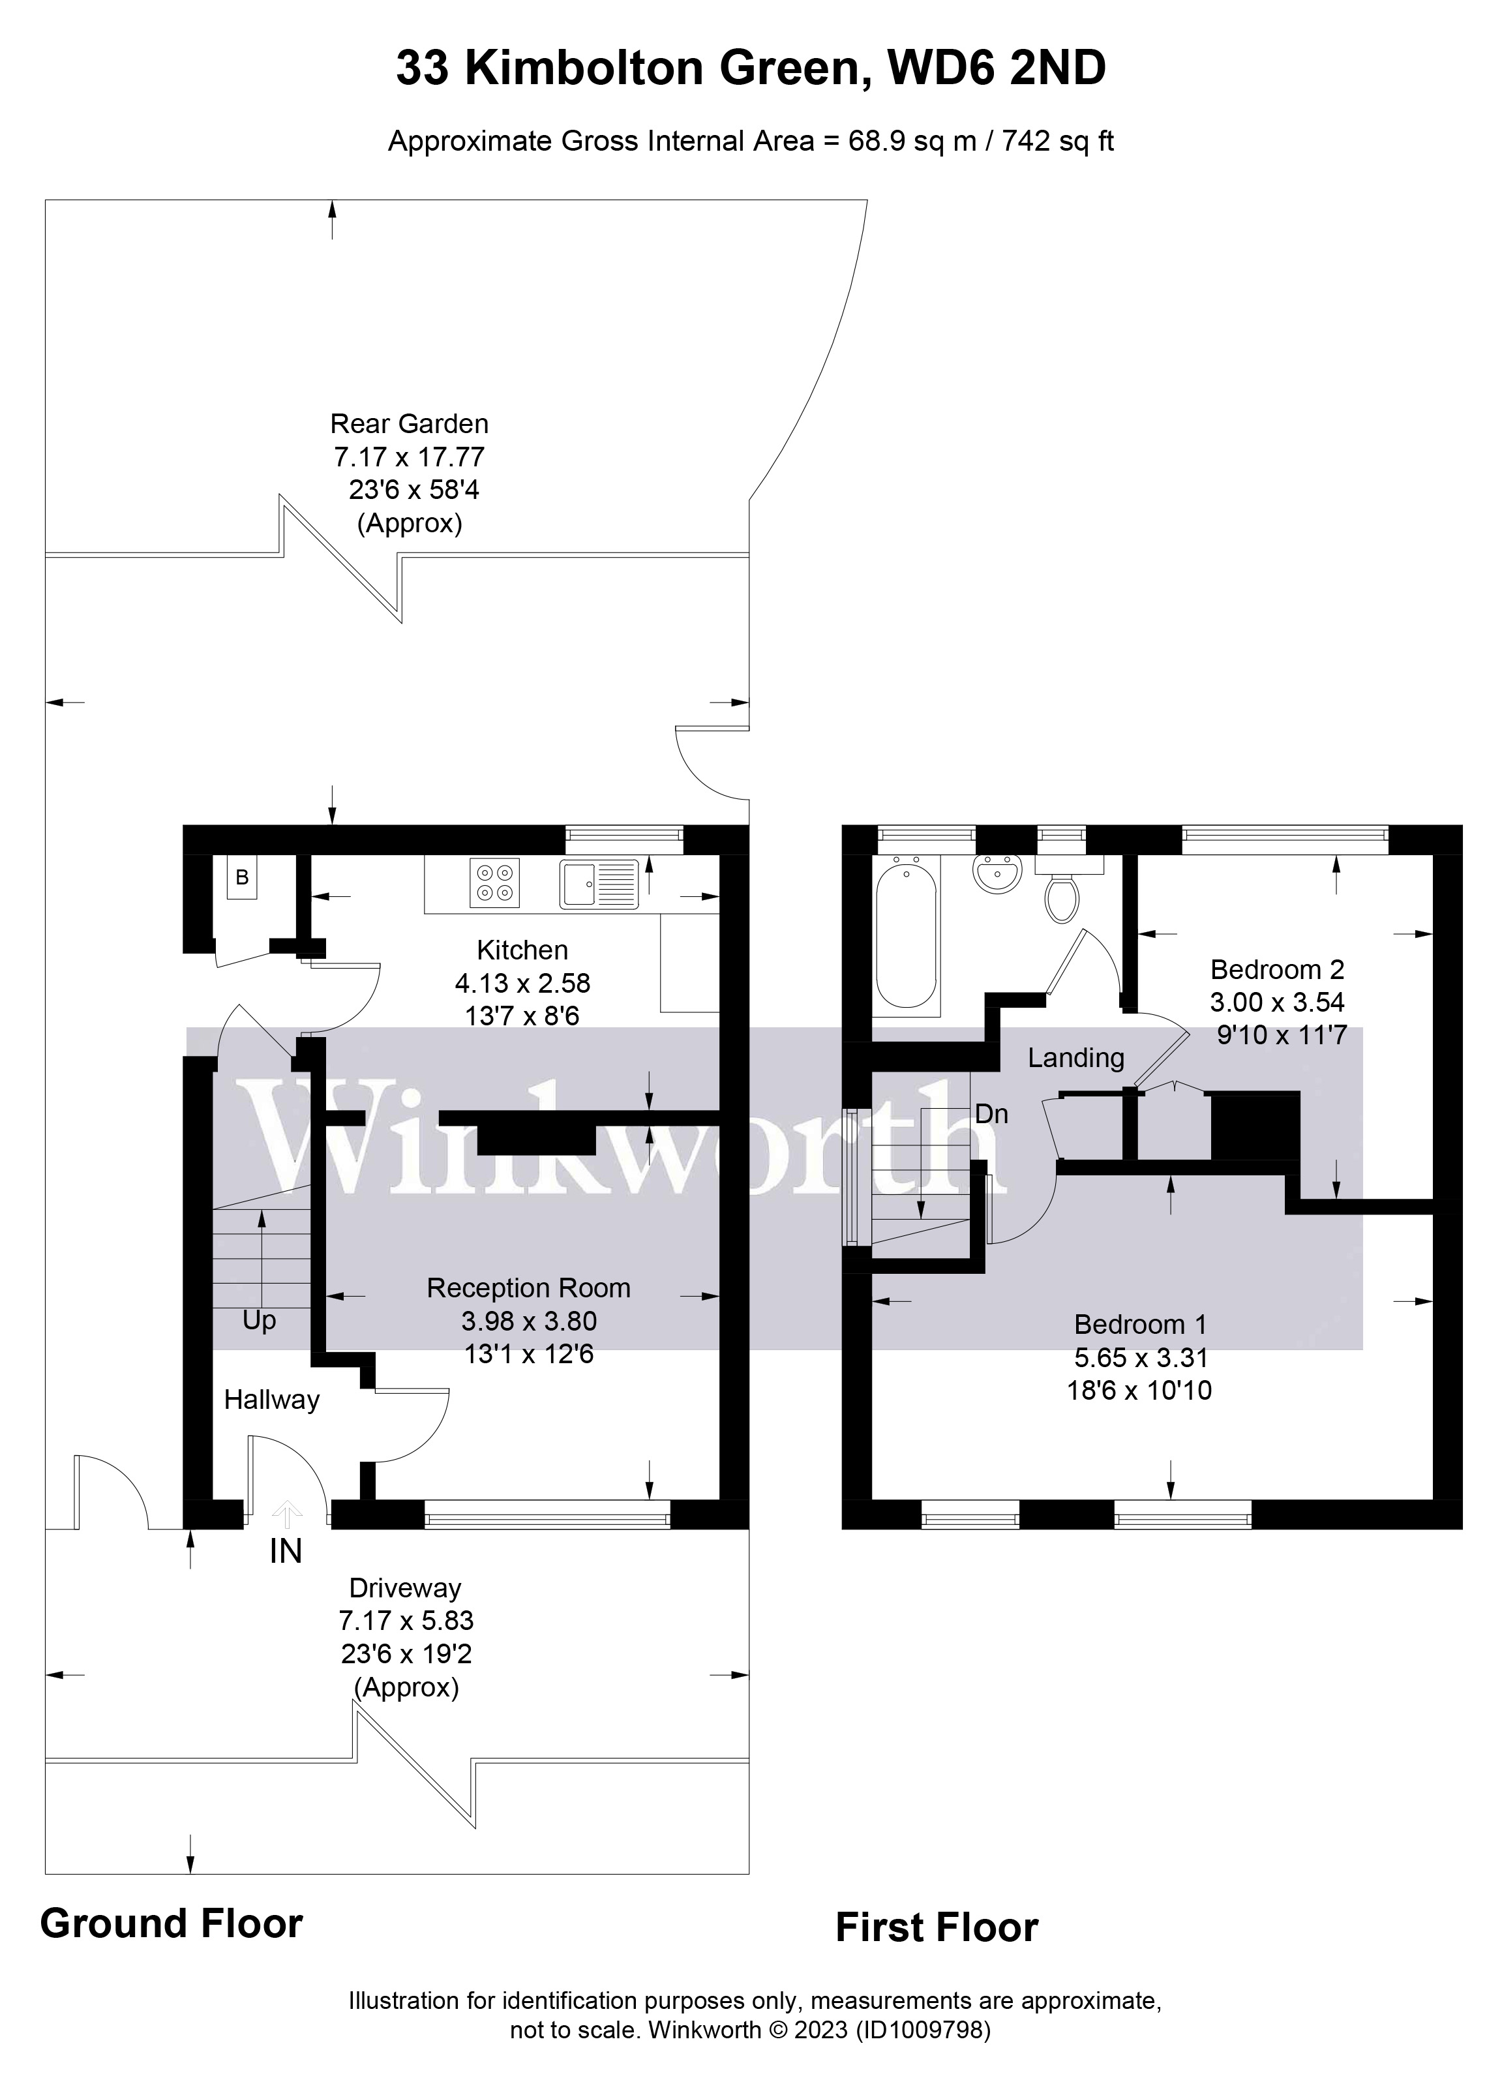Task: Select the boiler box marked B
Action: pyautogui.click(x=242, y=878)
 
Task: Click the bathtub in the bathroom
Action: pyautogui.click(x=906, y=931)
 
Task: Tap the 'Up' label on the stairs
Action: pyautogui.click(x=260, y=1321)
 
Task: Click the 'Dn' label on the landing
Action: pyautogui.click(x=991, y=1113)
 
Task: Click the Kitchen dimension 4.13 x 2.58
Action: pyautogui.click(x=522, y=983)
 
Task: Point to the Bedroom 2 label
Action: pyautogui.click(x=1276, y=969)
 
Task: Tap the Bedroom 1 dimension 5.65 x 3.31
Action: pyautogui.click(x=1141, y=1357)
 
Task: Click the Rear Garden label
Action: pyautogui.click(x=409, y=424)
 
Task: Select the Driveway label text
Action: pyautogui.click(x=405, y=1588)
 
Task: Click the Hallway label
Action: pyautogui.click(x=271, y=1400)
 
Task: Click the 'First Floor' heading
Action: pyautogui.click(x=937, y=1928)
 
